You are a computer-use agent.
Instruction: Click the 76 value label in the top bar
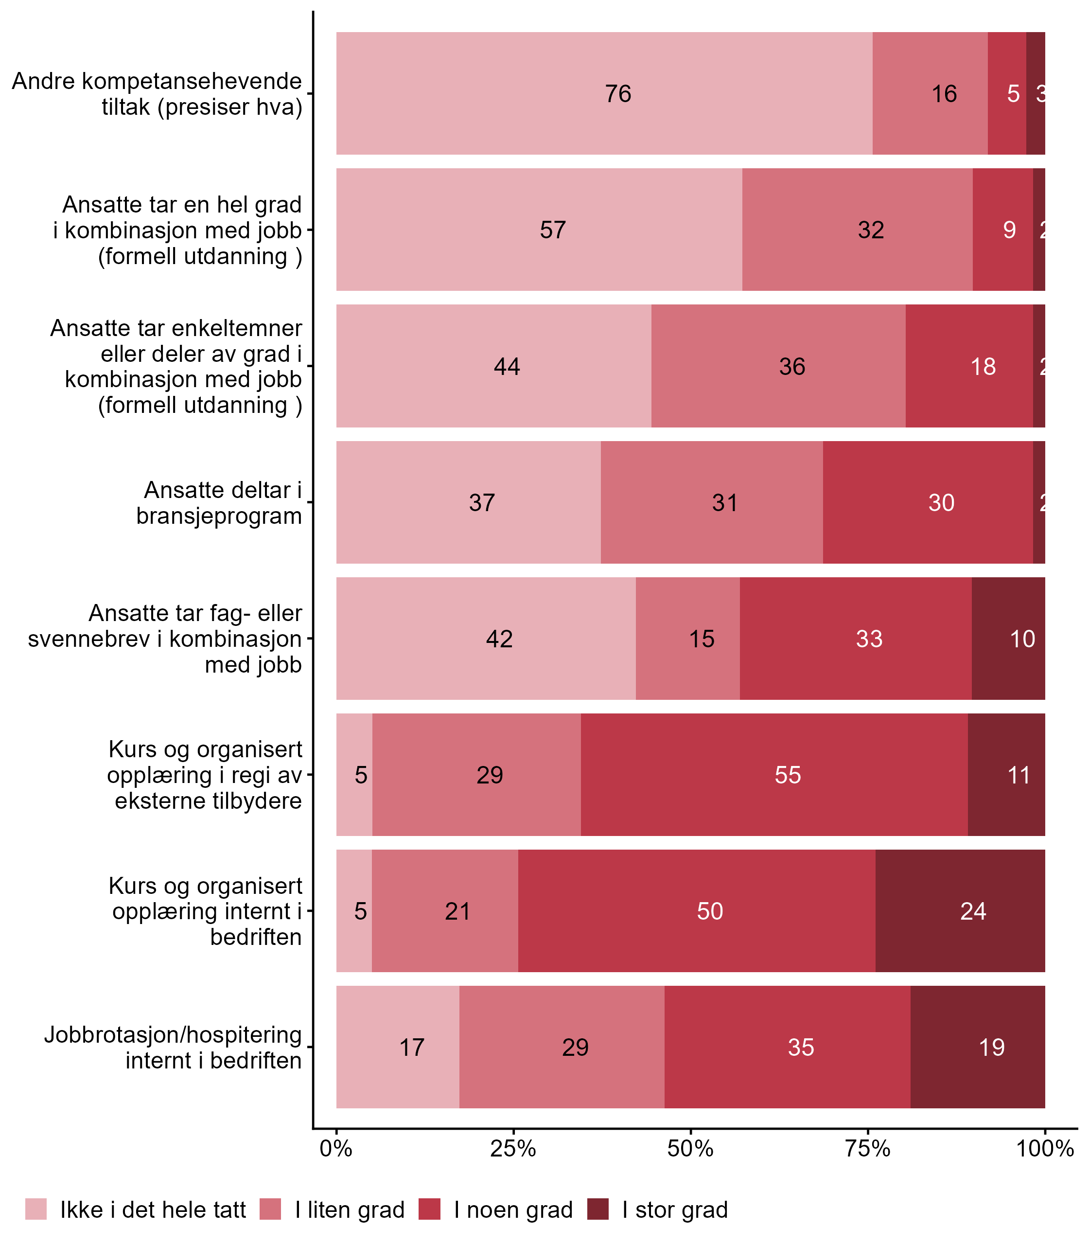tap(618, 93)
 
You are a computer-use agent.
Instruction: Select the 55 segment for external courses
tap(788, 775)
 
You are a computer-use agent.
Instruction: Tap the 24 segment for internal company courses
tap(972, 911)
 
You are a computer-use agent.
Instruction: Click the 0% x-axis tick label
tap(336, 1149)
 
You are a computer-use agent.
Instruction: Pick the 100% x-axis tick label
tap(1045, 1149)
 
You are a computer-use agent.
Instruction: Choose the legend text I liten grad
tap(350, 1210)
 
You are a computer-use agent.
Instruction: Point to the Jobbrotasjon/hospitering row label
tap(173, 1048)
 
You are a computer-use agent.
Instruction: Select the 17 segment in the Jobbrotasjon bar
tap(411, 1048)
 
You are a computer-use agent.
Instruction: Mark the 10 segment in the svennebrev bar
tap(1022, 639)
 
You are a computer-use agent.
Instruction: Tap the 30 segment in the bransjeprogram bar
tap(941, 503)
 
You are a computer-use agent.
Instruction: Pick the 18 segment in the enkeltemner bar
tap(983, 367)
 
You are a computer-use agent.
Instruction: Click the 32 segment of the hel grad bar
tap(870, 230)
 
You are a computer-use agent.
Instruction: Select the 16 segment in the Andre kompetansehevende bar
tap(944, 93)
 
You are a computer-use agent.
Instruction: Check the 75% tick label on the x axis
tap(868, 1149)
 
